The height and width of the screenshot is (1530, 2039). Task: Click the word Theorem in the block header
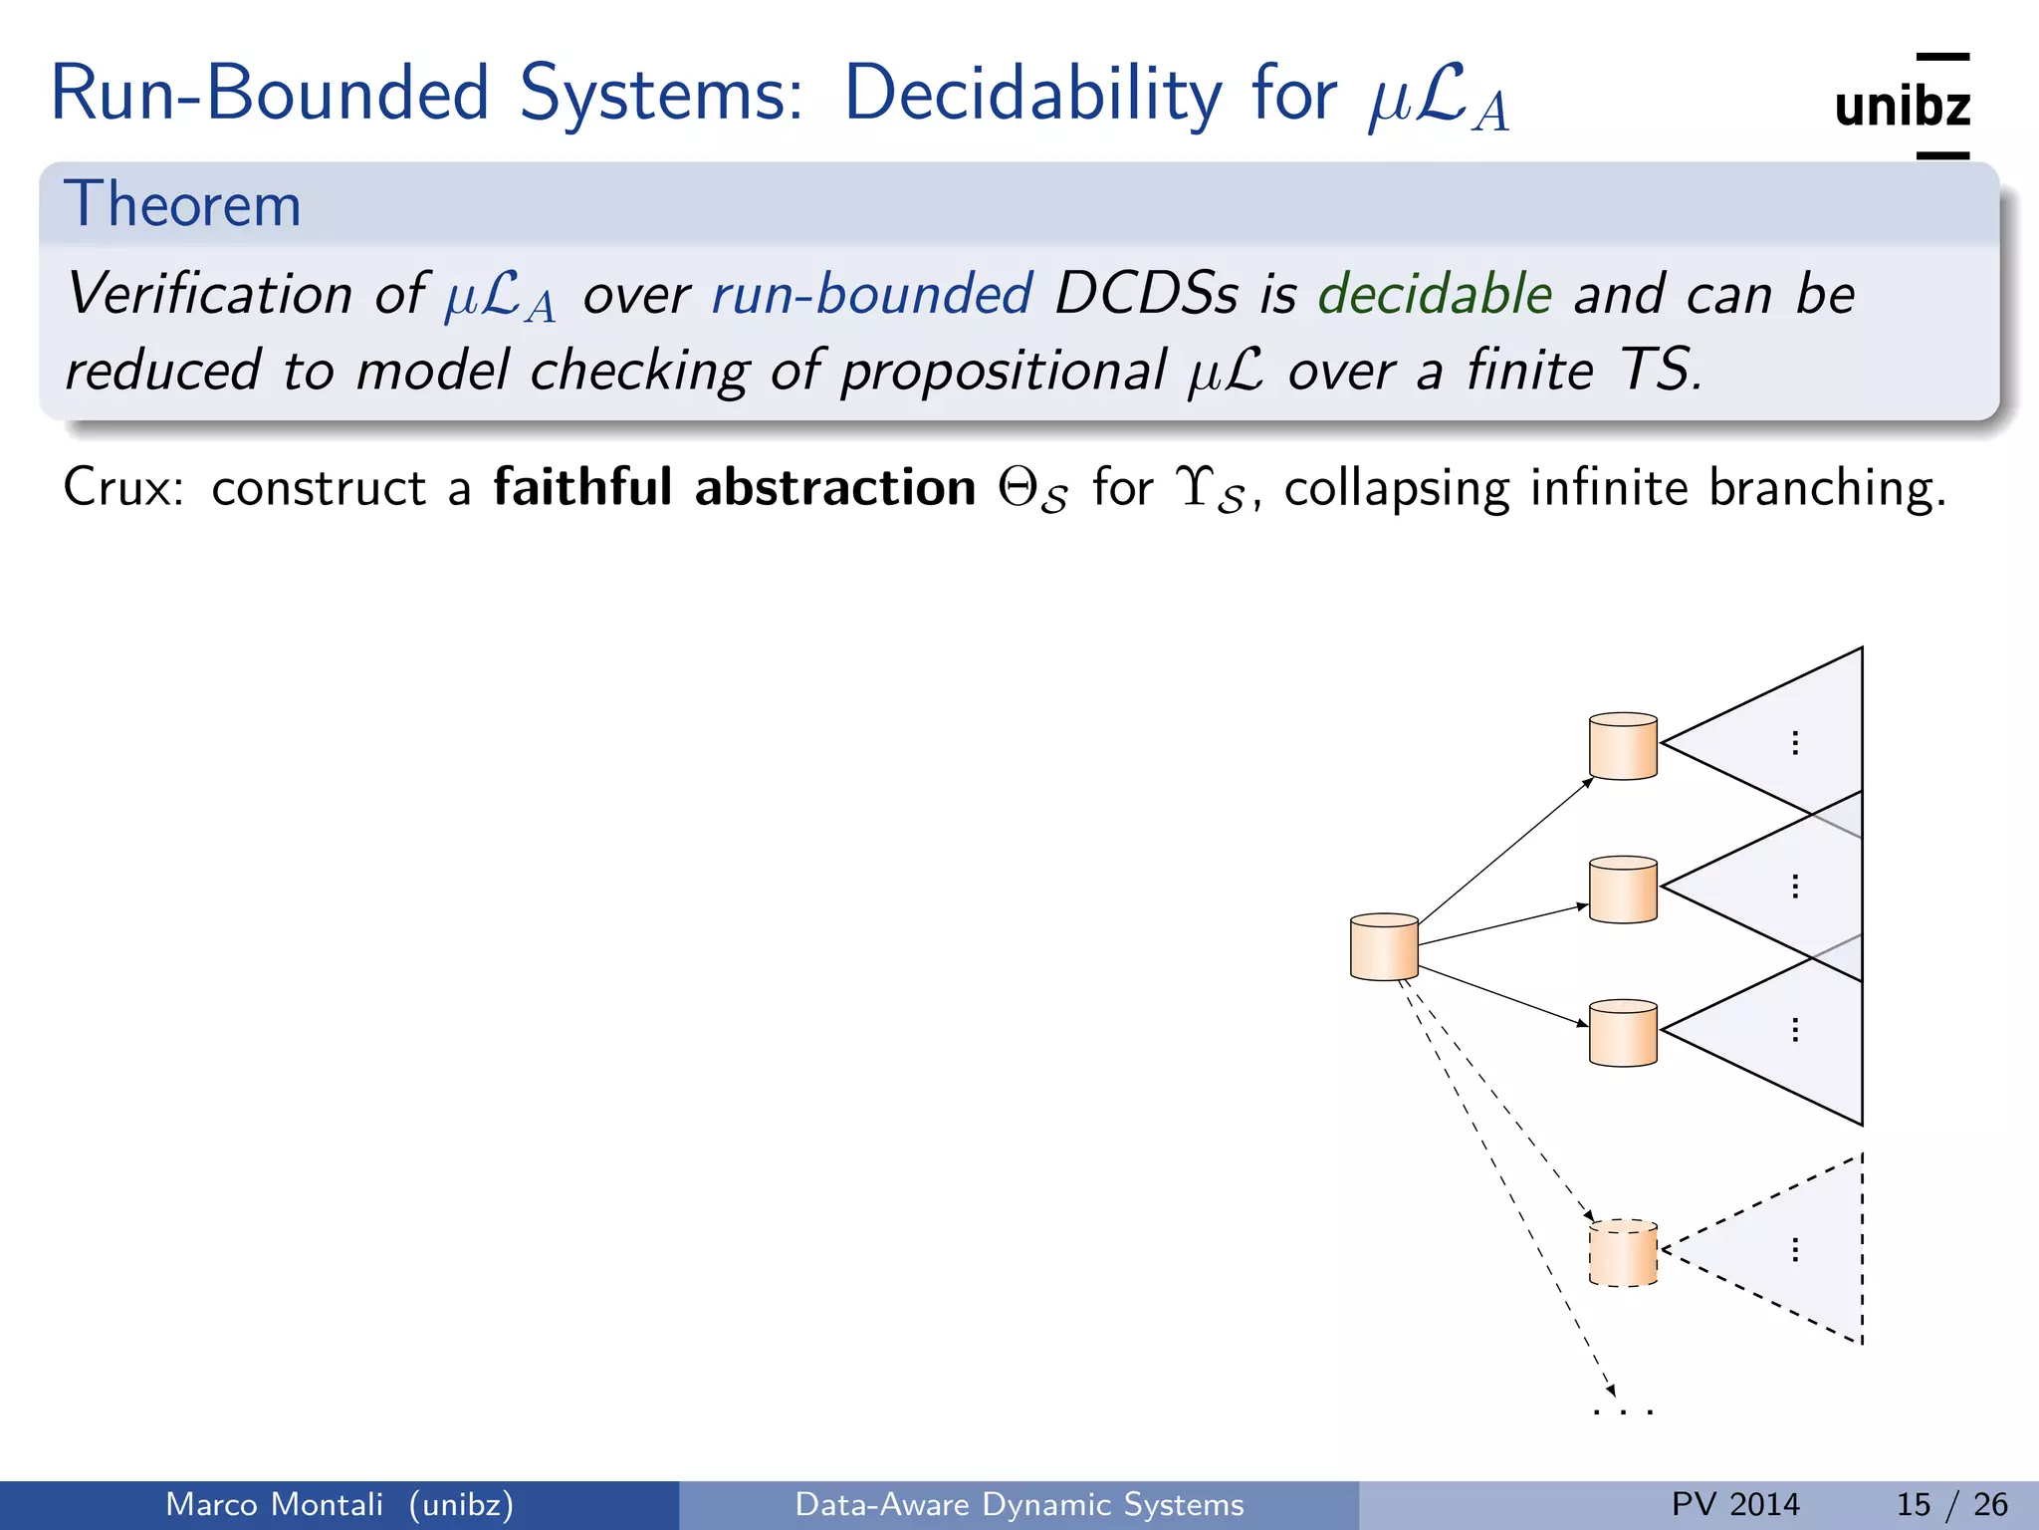[x=182, y=205]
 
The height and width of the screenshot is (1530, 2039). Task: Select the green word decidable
[x=1435, y=295]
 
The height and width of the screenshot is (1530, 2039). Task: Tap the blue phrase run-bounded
[x=872, y=295]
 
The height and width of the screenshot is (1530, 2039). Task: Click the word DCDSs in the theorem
[x=1146, y=295]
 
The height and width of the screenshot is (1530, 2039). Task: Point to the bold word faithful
[x=582, y=488]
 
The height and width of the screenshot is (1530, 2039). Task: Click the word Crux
[x=121, y=488]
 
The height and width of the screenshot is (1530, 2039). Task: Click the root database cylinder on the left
[x=1384, y=947]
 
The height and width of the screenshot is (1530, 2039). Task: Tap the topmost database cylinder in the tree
[x=1623, y=746]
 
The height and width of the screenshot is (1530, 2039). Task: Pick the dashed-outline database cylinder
[x=1623, y=1253]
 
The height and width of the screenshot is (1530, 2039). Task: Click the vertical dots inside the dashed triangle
[x=1794, y=1250]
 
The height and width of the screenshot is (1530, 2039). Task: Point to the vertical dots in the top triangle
[x=1794, y=743]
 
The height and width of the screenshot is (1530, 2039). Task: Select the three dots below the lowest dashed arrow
[x=1623, y=1411]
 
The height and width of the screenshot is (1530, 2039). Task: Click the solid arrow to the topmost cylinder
[x=1503, y=852]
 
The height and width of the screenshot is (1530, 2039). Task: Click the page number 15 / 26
[x=1951, y=1504]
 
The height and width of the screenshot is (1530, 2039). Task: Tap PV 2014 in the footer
[x=1735, y=1504]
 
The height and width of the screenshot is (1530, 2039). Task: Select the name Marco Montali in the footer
[x=274, y=1504]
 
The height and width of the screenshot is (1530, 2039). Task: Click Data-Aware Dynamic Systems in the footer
[x=1019, y=1504]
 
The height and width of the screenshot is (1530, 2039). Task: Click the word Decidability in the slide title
[x=1032, y=95]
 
